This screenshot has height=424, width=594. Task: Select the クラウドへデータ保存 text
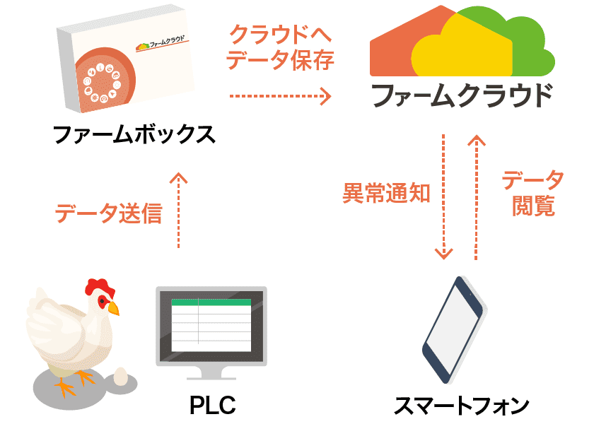[x=281, y=47]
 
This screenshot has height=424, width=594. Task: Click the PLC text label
[x=212, y=406]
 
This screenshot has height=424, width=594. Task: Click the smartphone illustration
[x=453, y=329]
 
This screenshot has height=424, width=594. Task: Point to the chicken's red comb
[x=100, y=287]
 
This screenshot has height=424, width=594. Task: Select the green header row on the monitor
[x=211, y=302]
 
